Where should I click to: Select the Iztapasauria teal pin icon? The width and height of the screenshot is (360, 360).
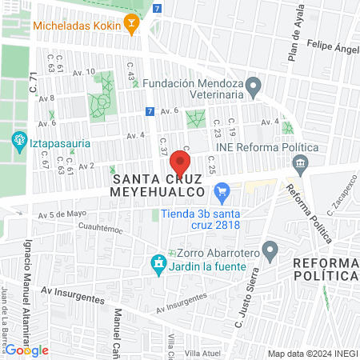pyautogui.click(x=19, y=143)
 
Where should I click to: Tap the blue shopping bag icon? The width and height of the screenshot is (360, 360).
pyautogui.click(x=222, y=191)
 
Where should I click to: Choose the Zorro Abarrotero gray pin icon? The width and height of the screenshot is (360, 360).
pyautogui.click(x=270, y=252)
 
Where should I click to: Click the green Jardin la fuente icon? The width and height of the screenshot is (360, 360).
pyautogui.click(x=158, y=263)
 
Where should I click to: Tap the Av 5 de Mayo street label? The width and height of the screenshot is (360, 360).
pyautogui.click(x=62, y=214)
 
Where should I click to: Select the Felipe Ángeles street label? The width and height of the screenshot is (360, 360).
pyautogui.click(x=332, y=46)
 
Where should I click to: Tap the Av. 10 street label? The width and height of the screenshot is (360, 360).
pyautogui.click(x=84, y=72)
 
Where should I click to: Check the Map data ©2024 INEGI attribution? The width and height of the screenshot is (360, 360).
pyautogui.click(x=311, y=354)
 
